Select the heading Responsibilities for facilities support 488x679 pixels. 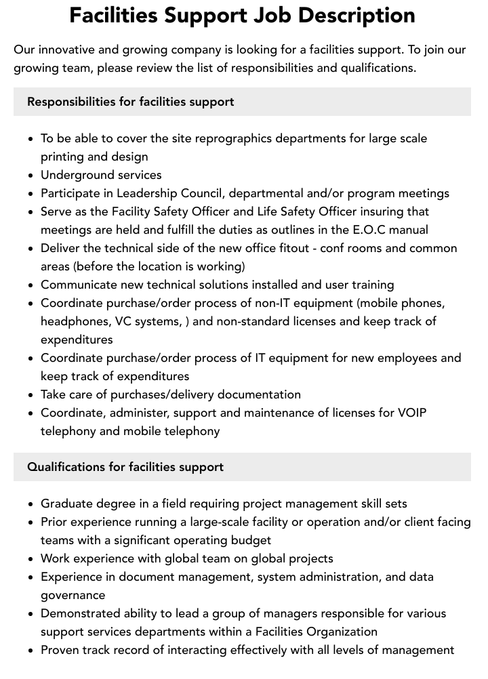point(130,102)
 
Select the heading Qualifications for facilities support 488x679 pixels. point(125,467)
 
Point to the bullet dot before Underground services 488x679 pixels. point(31,176)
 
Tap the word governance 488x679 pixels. point(73,595)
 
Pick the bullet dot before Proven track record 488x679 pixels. point(31,651)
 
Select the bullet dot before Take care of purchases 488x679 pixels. point(31,395)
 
